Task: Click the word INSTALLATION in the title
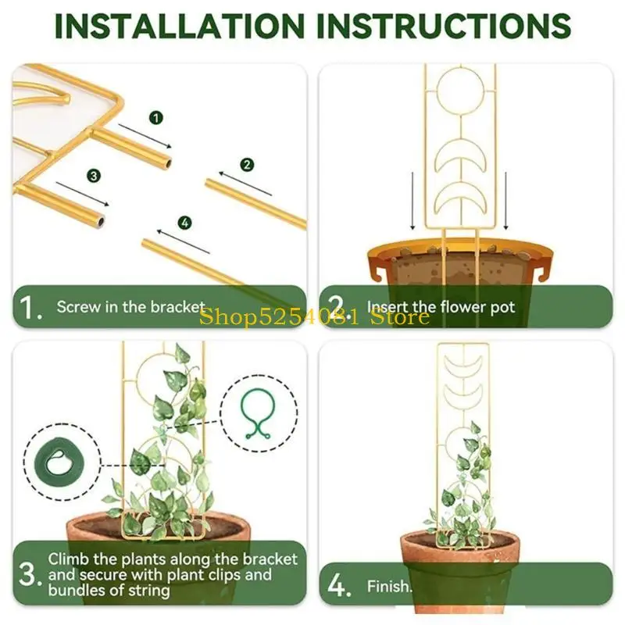point(180,26)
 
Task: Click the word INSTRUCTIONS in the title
point(444,26)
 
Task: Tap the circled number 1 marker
point(155,118)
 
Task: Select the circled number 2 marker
point(247,165)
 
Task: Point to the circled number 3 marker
point(94,176)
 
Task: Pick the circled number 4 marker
point(184,223)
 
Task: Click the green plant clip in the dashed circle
point(259,412)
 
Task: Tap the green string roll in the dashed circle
point(58,462)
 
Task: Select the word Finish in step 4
point(387,587)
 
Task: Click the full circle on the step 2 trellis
point(460,91)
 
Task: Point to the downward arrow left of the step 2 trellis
point(412,201)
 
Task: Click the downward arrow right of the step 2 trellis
point(505,201)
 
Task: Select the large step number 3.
point(30,575)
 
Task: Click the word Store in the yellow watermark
point(400,317)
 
